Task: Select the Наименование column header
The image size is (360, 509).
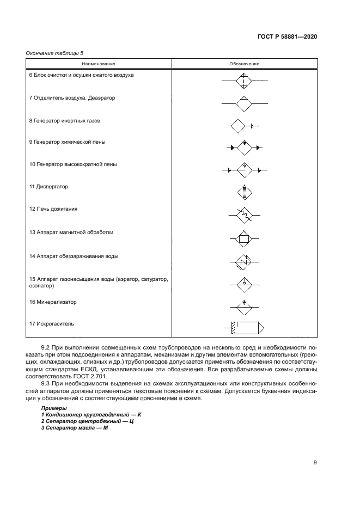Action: (100, 64)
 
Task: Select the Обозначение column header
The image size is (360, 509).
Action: (244, 64)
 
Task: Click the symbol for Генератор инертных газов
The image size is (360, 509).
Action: (243, 126)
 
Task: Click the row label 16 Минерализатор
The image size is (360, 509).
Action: (53, 302)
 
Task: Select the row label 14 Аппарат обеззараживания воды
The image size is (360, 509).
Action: (74, 256)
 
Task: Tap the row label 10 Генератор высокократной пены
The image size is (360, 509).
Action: (72, 164)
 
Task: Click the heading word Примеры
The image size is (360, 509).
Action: (53, 408)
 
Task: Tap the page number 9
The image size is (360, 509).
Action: (315, 463)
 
